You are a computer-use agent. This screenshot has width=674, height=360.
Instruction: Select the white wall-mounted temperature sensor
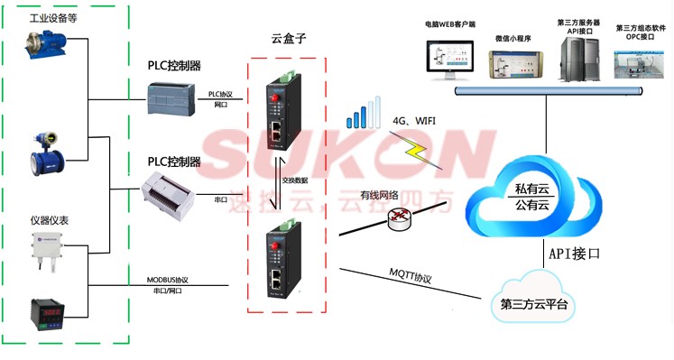[47, 248]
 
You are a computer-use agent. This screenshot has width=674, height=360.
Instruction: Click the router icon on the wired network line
[398, 217]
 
